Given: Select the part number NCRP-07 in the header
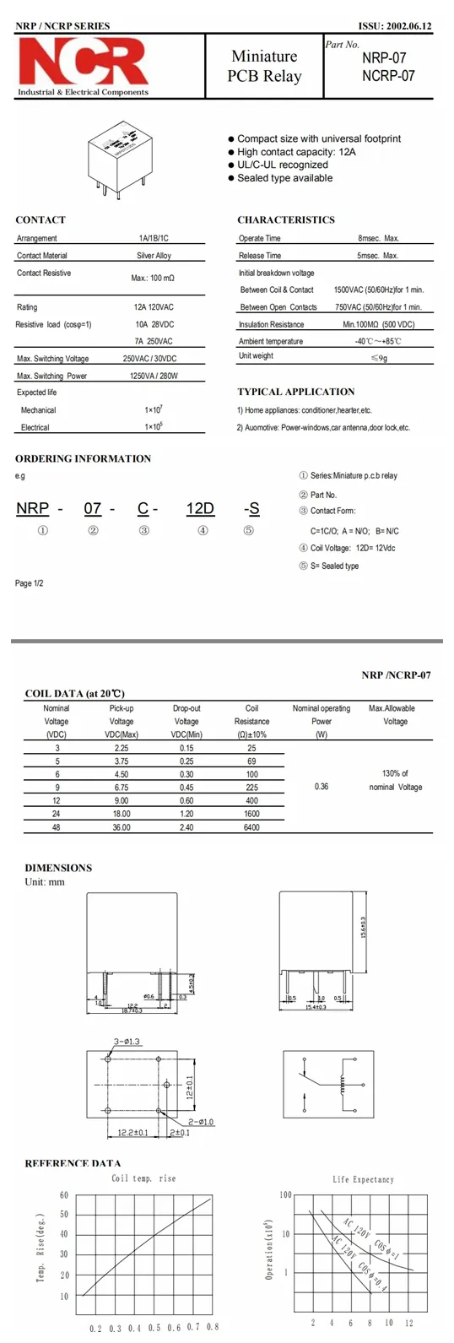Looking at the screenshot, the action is tap(388, 75).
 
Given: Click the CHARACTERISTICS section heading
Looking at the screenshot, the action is tap(285, 219).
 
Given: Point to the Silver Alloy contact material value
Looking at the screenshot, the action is tap(154, 255).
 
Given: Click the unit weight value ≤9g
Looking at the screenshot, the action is tap(379, 357).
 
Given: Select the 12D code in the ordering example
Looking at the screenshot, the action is tap(200, 508).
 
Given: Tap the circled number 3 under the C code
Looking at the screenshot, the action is tap(144, 530).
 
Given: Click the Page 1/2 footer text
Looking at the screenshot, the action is tap(30, 583).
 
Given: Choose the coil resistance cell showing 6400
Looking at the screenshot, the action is tap(251, 827).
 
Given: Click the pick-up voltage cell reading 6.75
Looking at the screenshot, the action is tap(122, 787).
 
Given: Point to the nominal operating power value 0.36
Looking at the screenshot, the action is tap(322, 786).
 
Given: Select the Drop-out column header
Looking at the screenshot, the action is tap(186, 708).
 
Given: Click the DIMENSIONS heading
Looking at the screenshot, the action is tap(58, 868).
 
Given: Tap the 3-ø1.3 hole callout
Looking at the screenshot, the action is tap(127, 1042).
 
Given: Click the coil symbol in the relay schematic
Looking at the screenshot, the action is tap(343, 1082).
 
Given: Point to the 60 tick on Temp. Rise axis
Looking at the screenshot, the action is tap(64, 1195).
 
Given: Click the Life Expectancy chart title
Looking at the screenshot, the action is tap(363, 1179).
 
